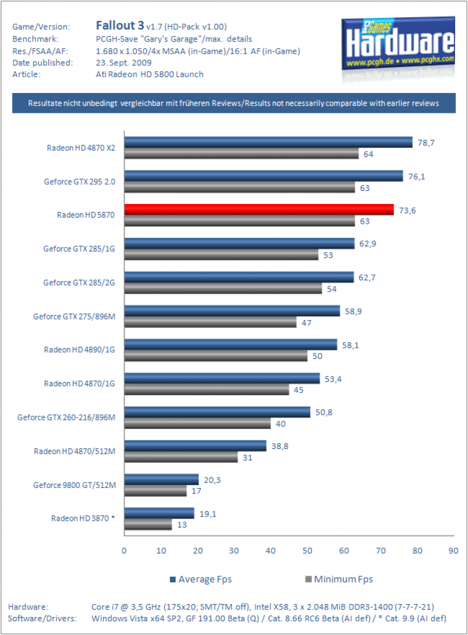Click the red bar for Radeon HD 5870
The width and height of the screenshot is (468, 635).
pyautogui.click(x=259, y=210)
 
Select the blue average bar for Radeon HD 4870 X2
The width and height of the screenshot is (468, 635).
pyautogui.click(x=268, y=142)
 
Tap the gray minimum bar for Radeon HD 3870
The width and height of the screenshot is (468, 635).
pyautogui.click(x=148, y=525)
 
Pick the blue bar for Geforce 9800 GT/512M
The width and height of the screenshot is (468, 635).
pyautogui.click(x=162, y=479)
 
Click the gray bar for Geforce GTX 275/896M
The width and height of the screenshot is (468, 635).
pyautogui.click(x=211, y=322)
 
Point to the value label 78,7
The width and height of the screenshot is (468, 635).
pyautogui.click(x=426, y=143)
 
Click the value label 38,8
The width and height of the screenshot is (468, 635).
pyautogui.click(x=280, y=446)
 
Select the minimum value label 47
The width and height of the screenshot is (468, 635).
pyautogui.click(x=306, y=322)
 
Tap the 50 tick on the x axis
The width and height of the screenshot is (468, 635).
pyautogui.click(x=307, y=551)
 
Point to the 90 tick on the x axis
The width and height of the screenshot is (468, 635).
pyautogui.click(x=453, y=551)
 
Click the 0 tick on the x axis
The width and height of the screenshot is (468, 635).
pyautogui.click(x=124, y=551)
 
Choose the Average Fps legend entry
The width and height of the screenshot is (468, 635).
pyautogui.click(x=201, y=579)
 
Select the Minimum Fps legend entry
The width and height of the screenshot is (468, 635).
pyautogui.click(x=339, y=579)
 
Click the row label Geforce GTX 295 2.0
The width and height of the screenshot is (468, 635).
pyautogui.click(x=79, y=182)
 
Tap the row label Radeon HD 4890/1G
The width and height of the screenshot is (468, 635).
pyautogui.click(x=79, y=350)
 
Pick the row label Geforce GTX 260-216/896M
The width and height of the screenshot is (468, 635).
pyautogui.click(x=66, y=417)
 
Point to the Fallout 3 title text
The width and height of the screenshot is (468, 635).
pyautogui.click(x=120, y=25)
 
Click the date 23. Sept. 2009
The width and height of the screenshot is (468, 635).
pyautogui.click(x=123, y=63)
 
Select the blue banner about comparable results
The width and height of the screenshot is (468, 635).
pyautogui.click(x=234, y=104)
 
